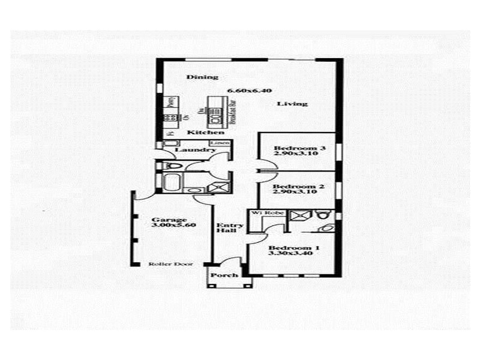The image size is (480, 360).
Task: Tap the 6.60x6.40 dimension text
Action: click(249, 91)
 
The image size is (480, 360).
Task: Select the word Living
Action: click(292, 104)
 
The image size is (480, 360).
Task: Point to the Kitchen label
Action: click(197, 132)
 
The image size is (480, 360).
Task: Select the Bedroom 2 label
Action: click(299, 187)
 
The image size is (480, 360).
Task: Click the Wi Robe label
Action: click(264, 212)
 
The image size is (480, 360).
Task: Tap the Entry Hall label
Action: click(229, 229)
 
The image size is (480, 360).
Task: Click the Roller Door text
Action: click(166, 264)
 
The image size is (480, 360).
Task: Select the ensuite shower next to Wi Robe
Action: click(298, 215)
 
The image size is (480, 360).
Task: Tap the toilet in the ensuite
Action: click(323, 215)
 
